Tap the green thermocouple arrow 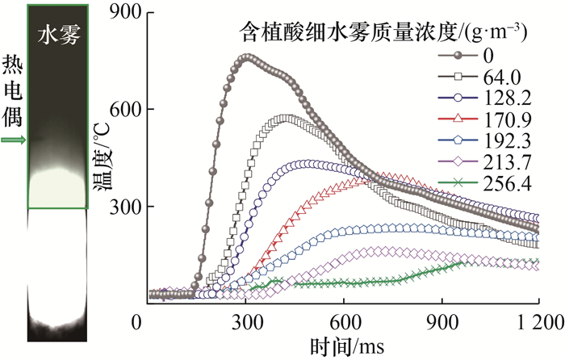click(12, 140)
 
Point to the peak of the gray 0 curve click(246, 57)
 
